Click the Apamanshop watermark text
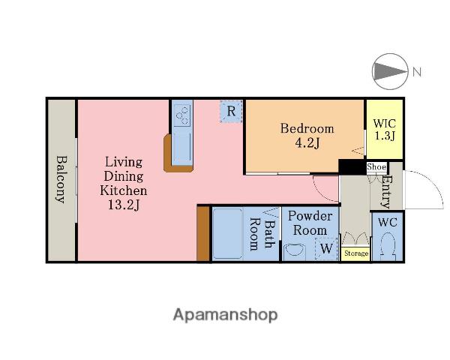tap(225, 315)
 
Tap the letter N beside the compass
tap(417, 71)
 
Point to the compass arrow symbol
tap(390, 71)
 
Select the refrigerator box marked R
tap(231, 112)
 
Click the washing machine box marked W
tap(326, 248)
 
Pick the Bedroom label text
tap(307, 128)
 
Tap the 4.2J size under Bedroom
tap(307, 142)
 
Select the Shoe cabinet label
tap(376, 166)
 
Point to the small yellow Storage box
tap(355, 253)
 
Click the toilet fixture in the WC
tap(388, 247)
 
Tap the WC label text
tap(388, 222)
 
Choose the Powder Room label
tap(310, 223)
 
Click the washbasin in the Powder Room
tap(295, 252)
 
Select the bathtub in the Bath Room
tap(227, 234)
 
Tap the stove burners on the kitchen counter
tap(182, 114)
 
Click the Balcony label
tap(61, 179)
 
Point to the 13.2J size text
tap(124, 205)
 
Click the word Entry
tap(386, 191)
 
